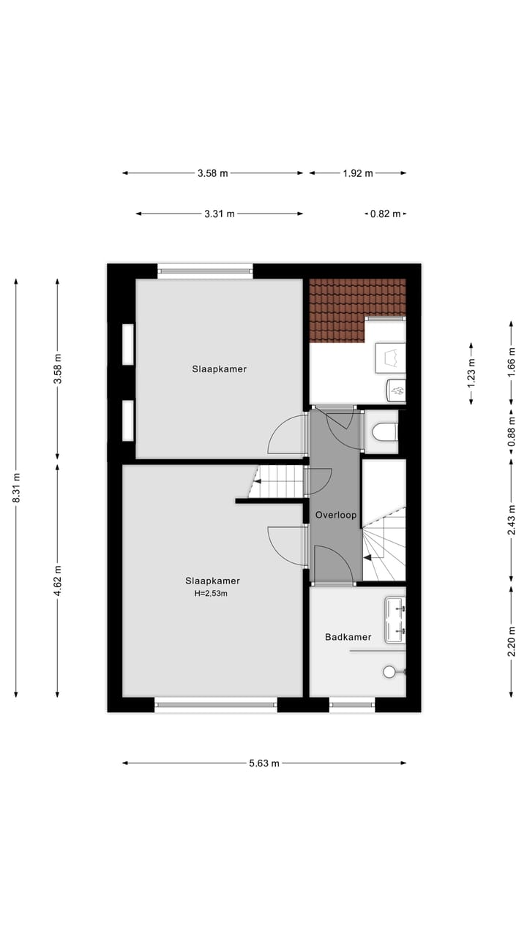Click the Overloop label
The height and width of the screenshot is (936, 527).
coord(336,515)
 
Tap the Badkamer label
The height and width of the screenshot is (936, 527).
coord(348,637)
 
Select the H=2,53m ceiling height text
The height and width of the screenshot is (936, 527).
coord(212,593)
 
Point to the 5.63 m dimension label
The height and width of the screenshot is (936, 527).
coord(264,763)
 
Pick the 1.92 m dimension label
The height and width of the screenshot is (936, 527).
coord(358,173)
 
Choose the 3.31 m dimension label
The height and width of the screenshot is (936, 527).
coord(220,214)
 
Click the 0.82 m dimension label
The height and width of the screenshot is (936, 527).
coord(385,214)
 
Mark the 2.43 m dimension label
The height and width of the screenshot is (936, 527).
coord(512,521)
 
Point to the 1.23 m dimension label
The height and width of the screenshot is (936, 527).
coord(471,373)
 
